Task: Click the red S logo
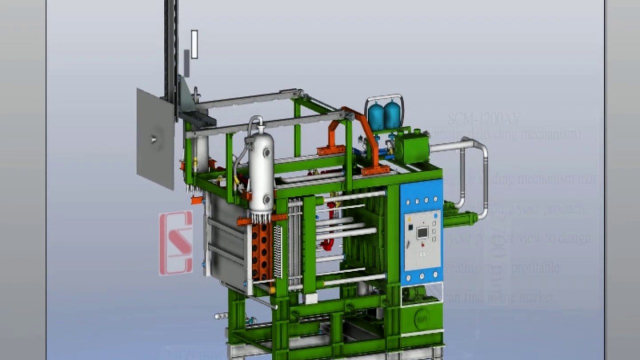tap(176, 242)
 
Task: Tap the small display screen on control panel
tap(422, 232)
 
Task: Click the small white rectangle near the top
tap(194, 44)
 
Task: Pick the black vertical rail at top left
tap(171, 45)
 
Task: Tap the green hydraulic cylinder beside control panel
tap(460, 219)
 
